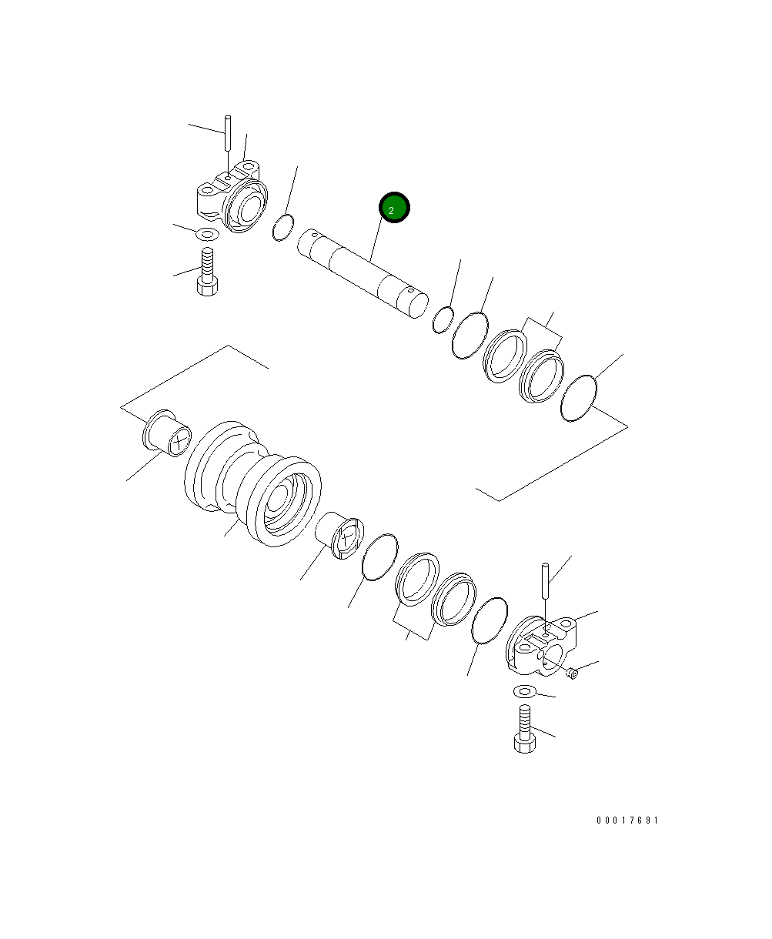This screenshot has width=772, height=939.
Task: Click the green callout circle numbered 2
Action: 394,208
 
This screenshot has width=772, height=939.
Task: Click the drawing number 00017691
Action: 627,820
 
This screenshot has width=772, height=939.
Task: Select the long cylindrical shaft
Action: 363,273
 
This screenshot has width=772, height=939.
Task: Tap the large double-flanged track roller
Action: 253,483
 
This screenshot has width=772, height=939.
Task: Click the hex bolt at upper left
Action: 207,272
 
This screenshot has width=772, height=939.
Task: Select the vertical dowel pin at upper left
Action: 228,133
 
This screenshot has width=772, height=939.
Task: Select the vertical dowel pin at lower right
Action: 546,581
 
